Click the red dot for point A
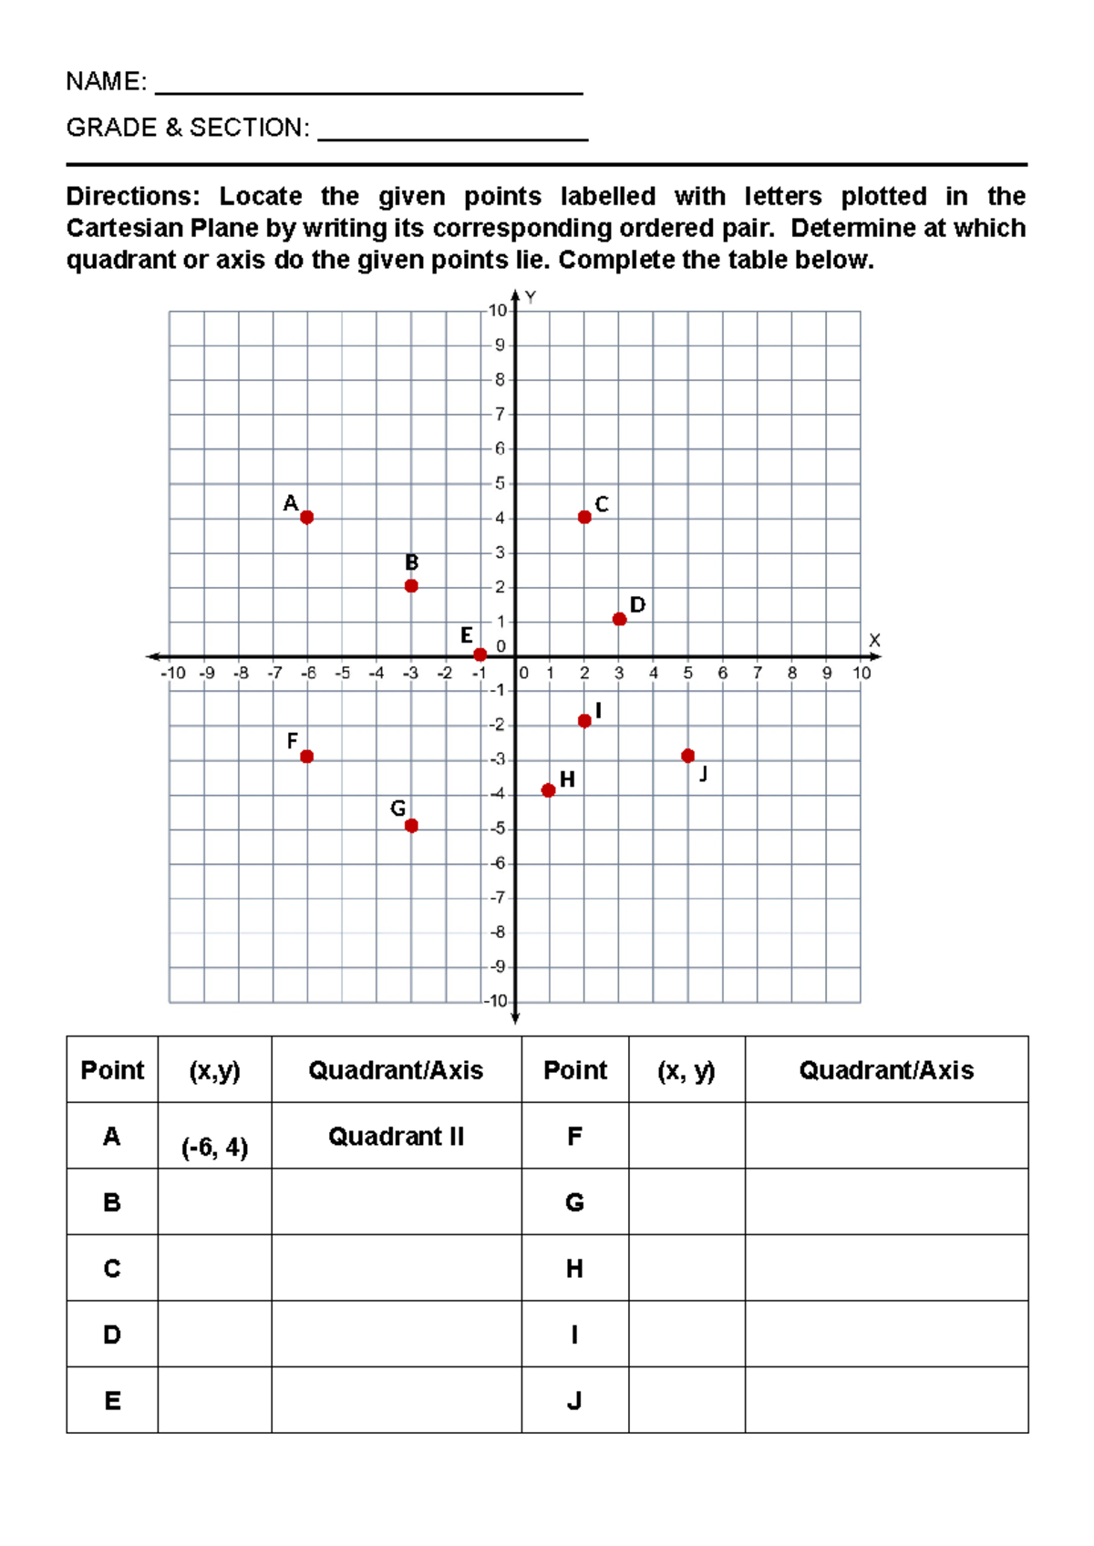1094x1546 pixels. pyautogui.click(x=306, y=517)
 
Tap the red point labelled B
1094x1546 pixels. pyautogui.click(x=411, y=585)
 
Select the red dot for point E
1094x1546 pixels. pyautogui.click(x=480, y=654)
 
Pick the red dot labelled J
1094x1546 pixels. pyautogui.click(x=688, y=756)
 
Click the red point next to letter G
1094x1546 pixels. pyautogui.click(x=411, y=826)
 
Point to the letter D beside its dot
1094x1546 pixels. pyautogui.click(x=637, y=605)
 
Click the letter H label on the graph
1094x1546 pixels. pyautogui.click(x=567, y=779)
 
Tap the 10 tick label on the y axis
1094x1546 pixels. pyautogui.click(x=497, y=311)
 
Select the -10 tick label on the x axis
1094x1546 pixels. pyautogui.click(x=172, y=674)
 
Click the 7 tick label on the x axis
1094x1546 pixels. pyautogui.click(x=758, y=674)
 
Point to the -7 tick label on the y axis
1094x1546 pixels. pyautogui.click(x=497, y=898)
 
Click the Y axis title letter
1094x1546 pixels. pyautogui.click(x=531, y=297)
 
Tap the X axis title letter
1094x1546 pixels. pyautogui.click(x=874, y=640)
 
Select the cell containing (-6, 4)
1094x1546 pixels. pyautogui.click(x=214, y=1146)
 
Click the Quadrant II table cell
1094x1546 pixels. pyautogui.click(x=396, y=1137)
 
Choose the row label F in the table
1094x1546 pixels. pyautogui.click(x=574, y=1137)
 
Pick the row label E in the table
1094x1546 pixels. pyautogui.click(x=112, y=1401)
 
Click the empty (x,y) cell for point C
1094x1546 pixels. pyautogui.click(x=214, y=1268)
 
